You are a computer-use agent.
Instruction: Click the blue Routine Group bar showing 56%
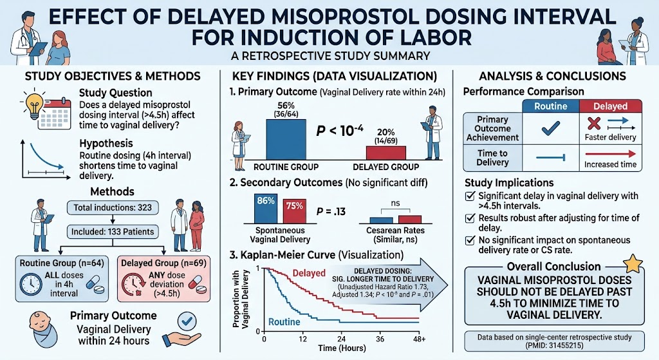(286, 139)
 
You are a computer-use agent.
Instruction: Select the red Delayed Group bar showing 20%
(386, 153)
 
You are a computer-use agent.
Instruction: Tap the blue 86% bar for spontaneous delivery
(266, 209)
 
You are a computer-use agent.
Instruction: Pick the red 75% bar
(294, 211)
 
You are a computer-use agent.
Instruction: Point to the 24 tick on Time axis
(341, 339)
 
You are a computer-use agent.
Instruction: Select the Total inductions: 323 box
(113, 208)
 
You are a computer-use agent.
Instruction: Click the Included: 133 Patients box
(113, 232)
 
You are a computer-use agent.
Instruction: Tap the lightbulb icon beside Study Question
(35, 104)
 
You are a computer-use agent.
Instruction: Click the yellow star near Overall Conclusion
(633, 264)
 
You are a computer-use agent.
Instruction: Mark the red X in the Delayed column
(594, 123)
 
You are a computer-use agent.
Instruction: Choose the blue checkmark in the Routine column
(551, 128)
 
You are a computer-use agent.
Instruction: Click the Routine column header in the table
(551, 106)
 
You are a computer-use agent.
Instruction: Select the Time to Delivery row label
(492, 158)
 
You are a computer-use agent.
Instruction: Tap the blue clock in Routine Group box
(31, 284)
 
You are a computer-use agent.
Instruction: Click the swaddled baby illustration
(43, 329)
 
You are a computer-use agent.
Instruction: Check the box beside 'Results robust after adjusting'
(470, 218)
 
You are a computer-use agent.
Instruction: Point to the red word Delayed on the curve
(309, 273)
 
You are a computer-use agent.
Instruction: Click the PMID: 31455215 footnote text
(554, 346)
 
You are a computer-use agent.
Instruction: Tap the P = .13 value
(331, 211)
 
